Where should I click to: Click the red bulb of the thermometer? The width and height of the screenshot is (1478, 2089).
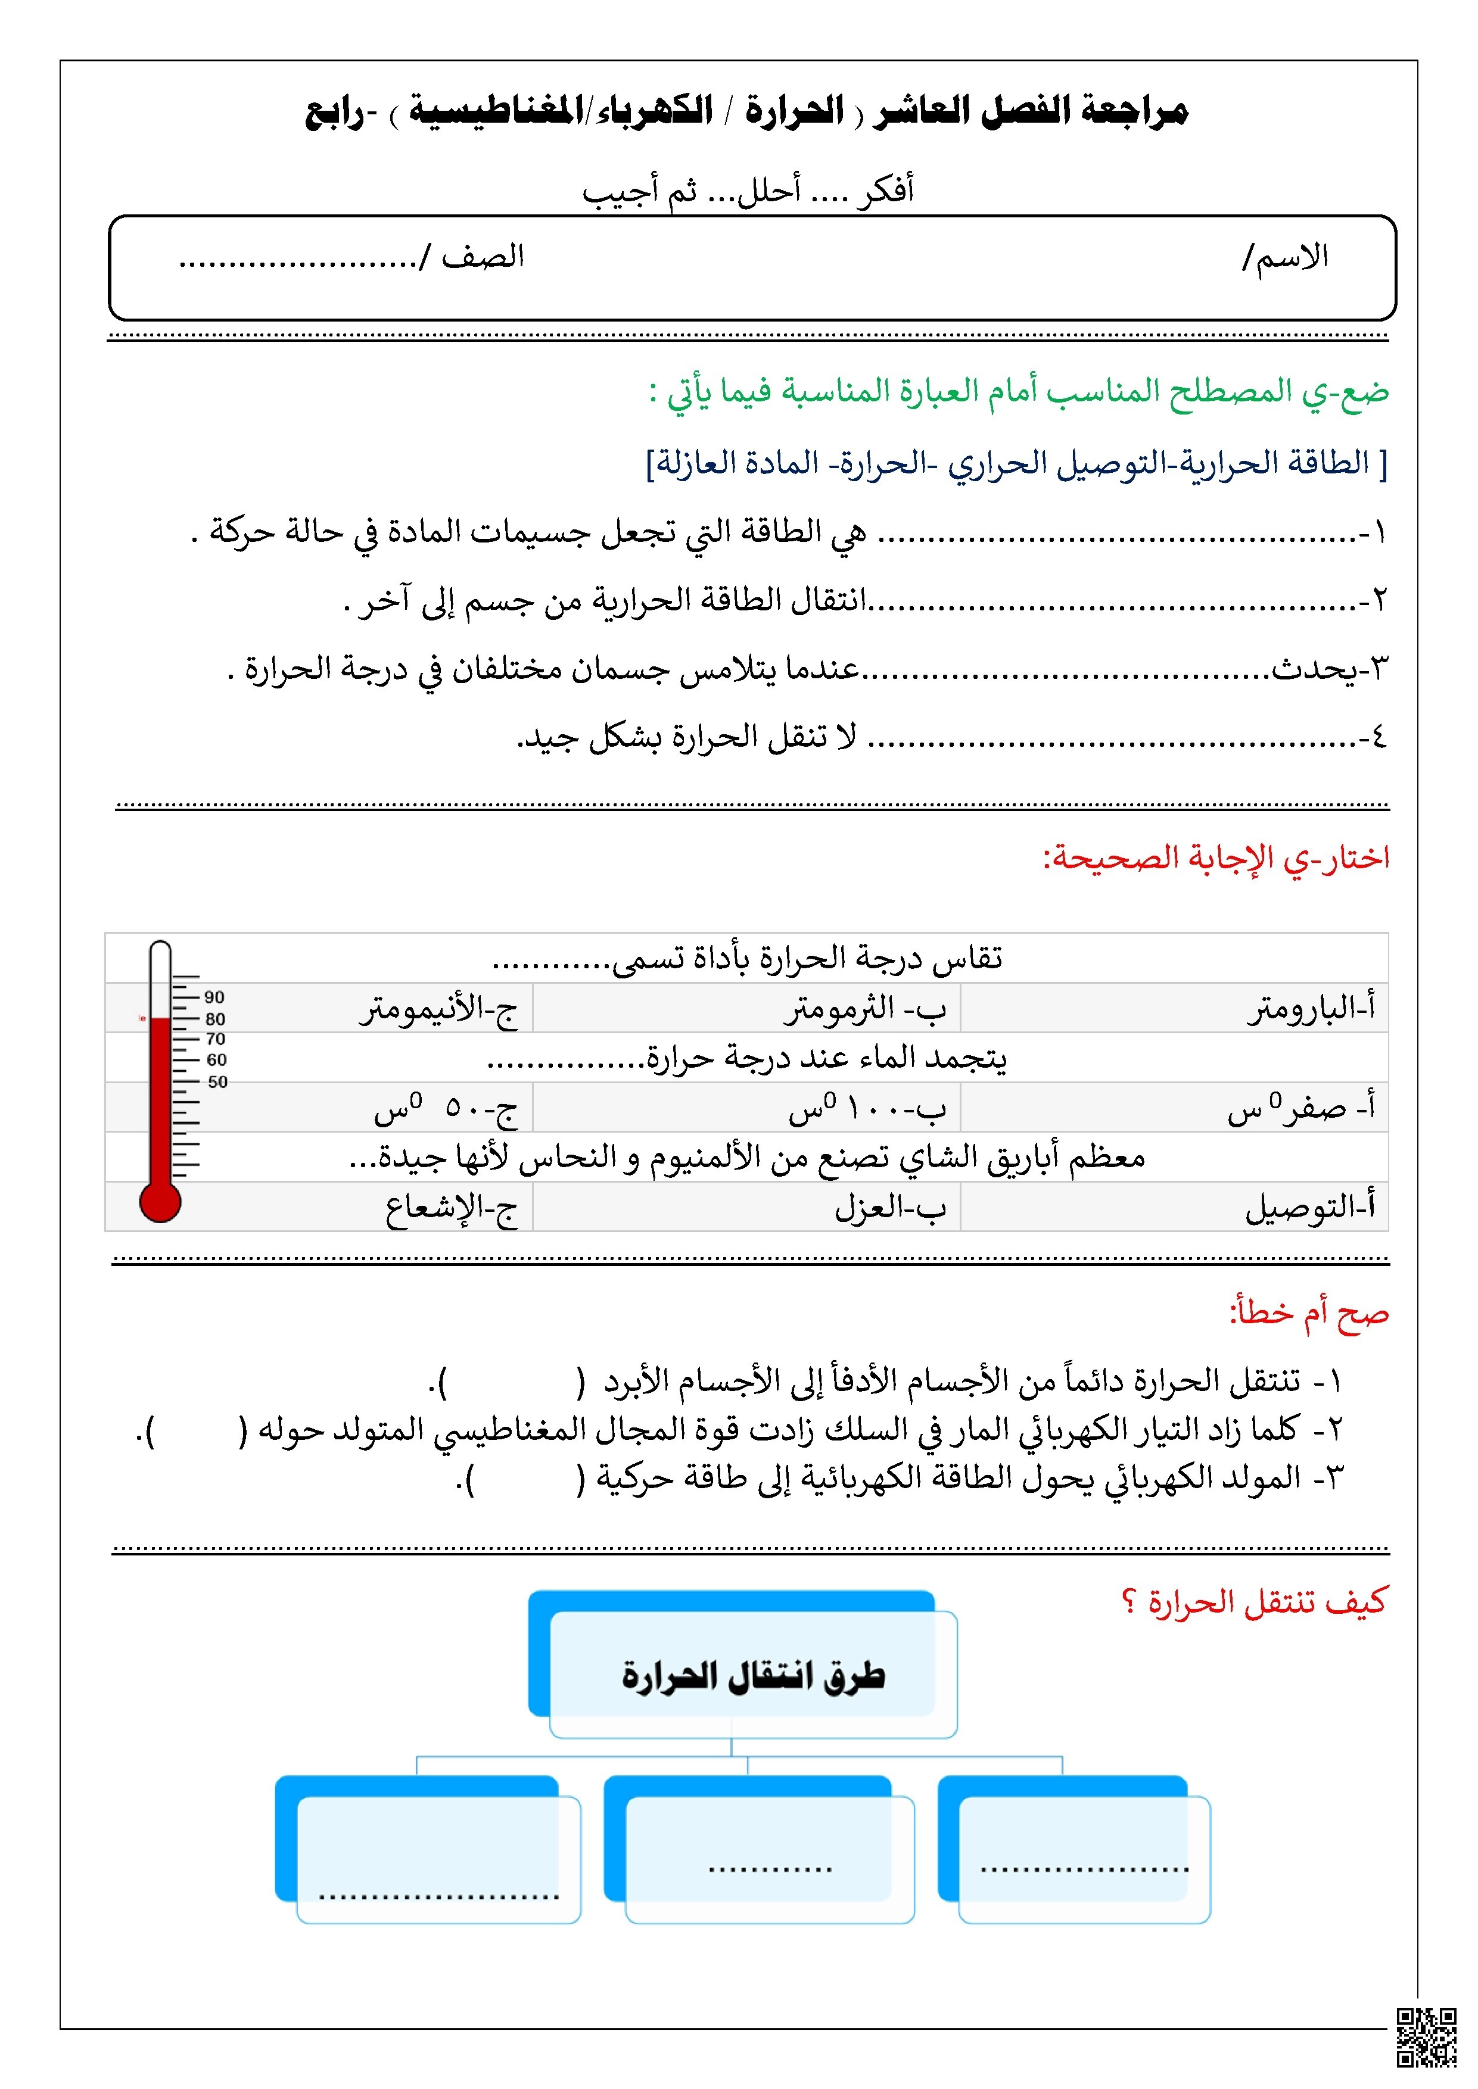[x=160, y=1202]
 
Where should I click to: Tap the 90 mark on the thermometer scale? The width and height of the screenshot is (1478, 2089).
[x=214, y=997]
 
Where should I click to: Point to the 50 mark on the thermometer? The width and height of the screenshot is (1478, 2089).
[x=217, y=1082]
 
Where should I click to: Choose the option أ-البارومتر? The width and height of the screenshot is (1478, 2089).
[x=1311, y=1009]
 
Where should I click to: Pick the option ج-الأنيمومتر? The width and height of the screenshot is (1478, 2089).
[x=438, y=1009]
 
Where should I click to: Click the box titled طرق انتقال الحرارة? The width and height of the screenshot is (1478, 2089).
[x=752, y=1675]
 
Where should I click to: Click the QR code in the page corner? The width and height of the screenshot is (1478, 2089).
[x=1426, y=2036]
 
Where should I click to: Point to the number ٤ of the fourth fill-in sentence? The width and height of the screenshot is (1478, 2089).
[x=1378, y=737]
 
